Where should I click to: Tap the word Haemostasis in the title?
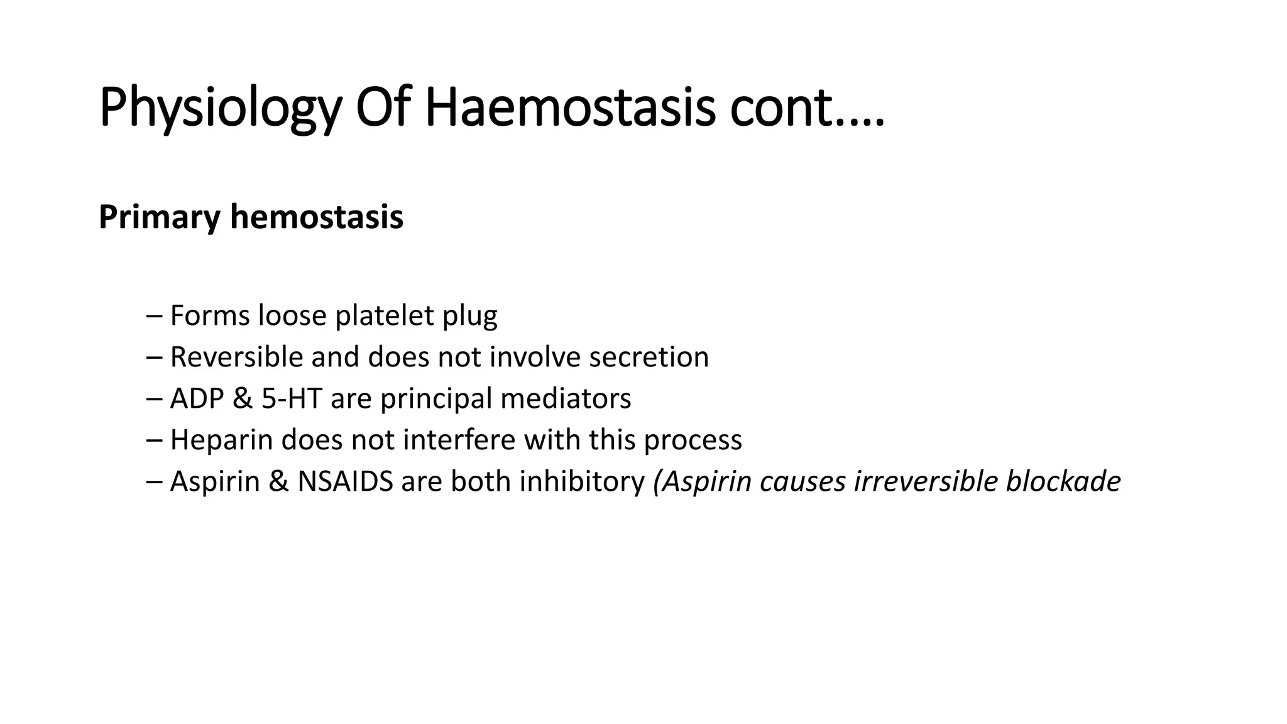[570, 108]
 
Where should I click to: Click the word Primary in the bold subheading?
[160, 217]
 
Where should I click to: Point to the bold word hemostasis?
[317, 217]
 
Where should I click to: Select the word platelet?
[385, 315]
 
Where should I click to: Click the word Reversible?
[237, 357]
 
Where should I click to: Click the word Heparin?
[222, 440]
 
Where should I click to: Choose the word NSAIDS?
[345, 481]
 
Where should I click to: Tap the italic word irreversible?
[925, 481]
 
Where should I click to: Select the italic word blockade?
[1063, 481]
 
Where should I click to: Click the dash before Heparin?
[153, 440]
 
